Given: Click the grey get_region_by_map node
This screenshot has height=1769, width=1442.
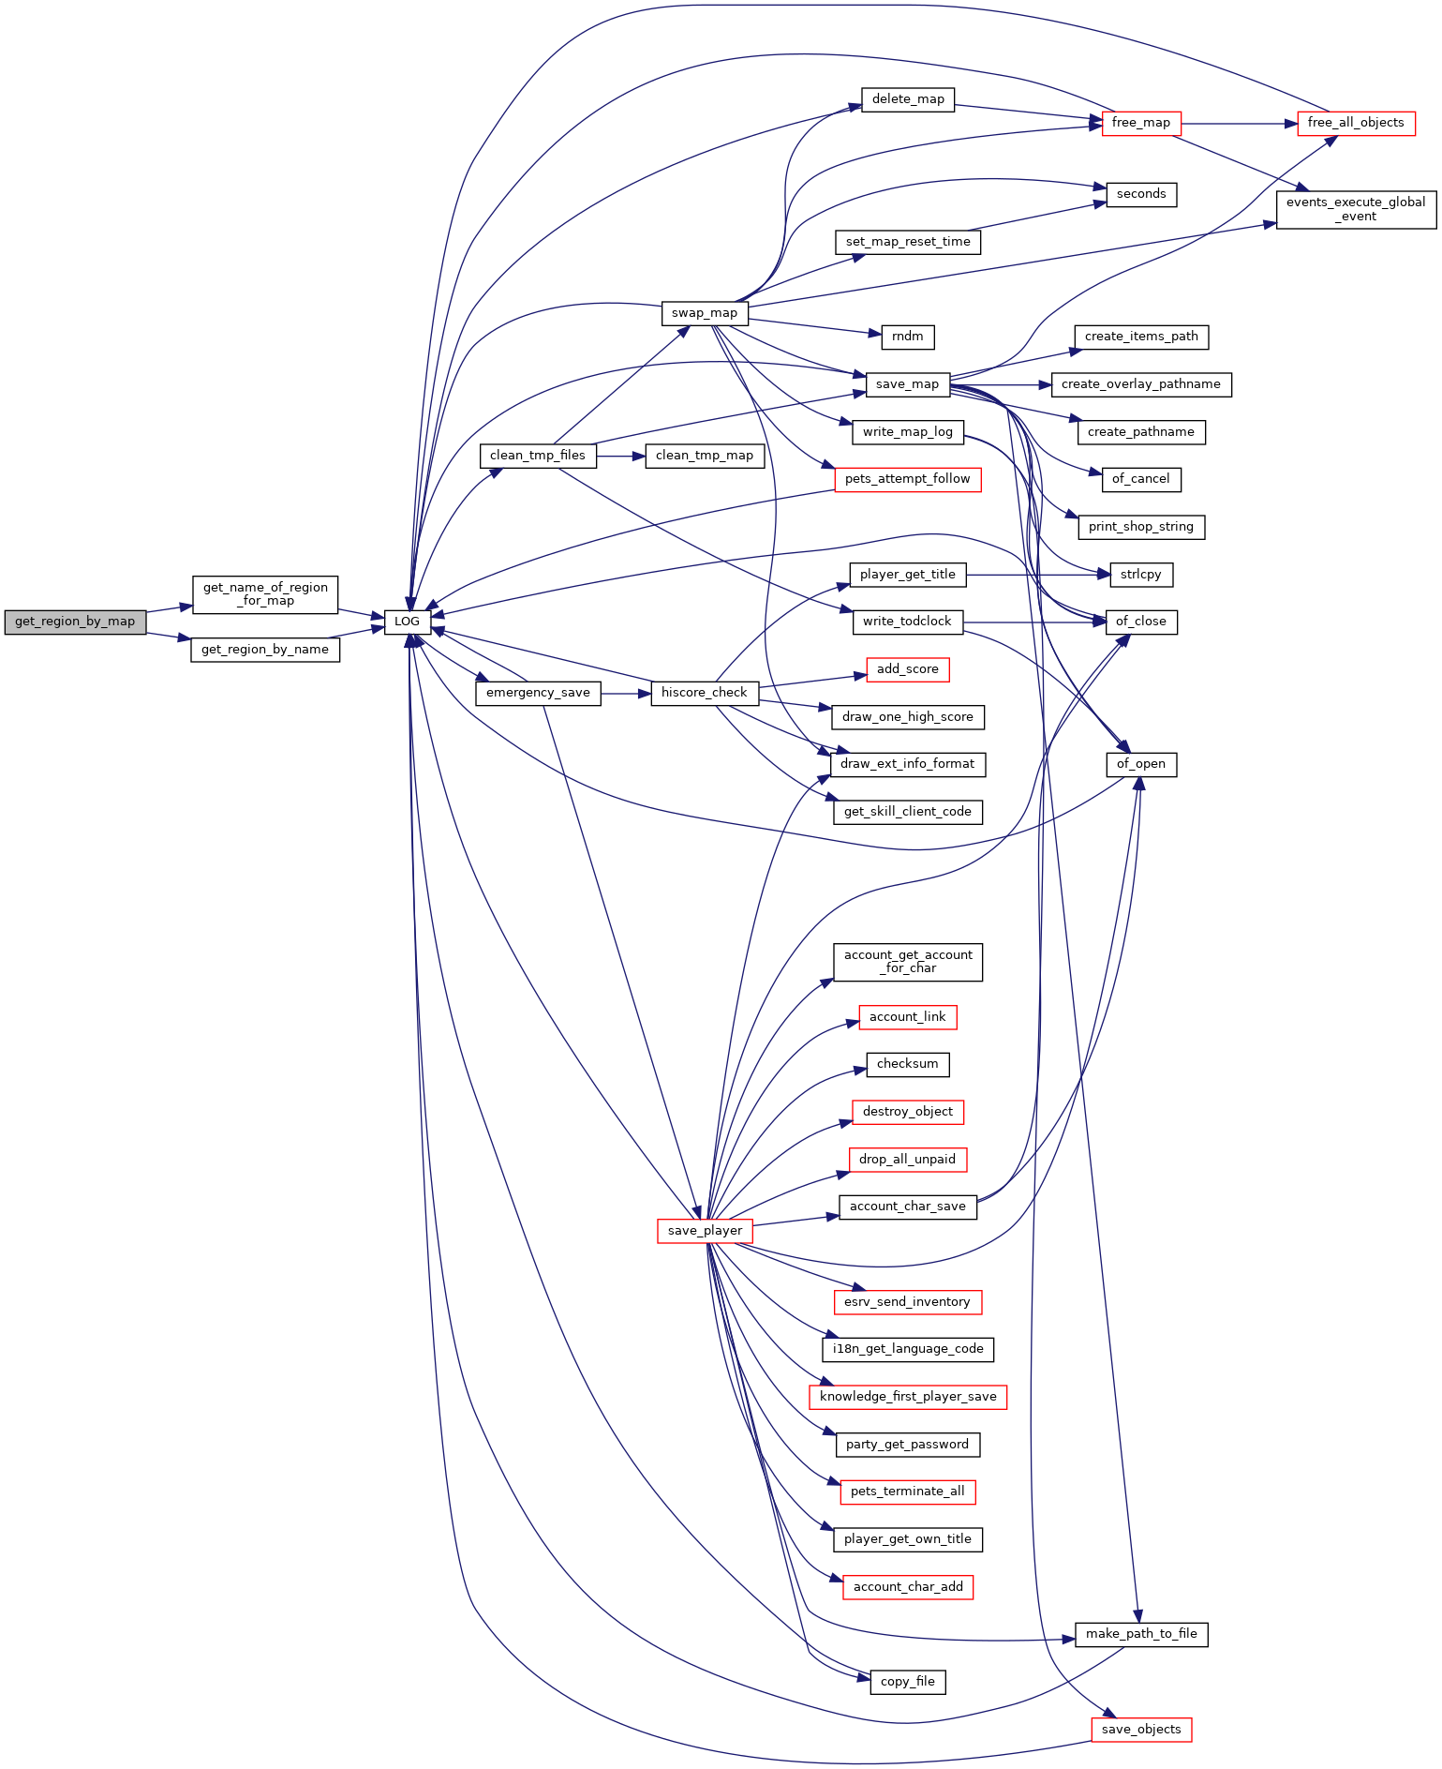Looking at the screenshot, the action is (75, 622).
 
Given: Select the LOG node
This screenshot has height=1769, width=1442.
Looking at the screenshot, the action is (407, 622).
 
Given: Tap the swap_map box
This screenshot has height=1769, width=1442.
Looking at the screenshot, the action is (705, 313).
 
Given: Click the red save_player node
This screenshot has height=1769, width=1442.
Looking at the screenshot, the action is (705, 1231).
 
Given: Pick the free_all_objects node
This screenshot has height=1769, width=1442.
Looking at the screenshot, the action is (1356, 123).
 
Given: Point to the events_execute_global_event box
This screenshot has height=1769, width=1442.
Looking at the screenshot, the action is (1356, 209).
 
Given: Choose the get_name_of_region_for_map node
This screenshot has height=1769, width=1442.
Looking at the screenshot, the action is (265, 594).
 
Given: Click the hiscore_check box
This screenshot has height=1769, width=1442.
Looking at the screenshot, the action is (705, 693).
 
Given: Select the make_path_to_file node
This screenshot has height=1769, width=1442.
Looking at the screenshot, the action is (1141, 1634).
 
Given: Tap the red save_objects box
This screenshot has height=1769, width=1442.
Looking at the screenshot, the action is (1141, 1730).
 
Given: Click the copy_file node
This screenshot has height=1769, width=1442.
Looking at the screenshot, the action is (908, 1682).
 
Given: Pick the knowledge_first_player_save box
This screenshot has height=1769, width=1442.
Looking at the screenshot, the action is (908, 1397).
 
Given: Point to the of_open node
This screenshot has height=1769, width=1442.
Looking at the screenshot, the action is (1141, 764).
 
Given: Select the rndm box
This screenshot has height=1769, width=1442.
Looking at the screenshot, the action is (908, 337).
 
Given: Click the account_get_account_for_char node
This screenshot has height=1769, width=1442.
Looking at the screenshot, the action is (908, 962).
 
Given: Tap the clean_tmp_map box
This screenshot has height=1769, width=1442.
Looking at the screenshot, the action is (705, 456).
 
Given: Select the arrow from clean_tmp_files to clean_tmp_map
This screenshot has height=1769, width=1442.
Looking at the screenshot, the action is (620, 456).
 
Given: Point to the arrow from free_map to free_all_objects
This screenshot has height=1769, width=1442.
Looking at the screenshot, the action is (1240, 123).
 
